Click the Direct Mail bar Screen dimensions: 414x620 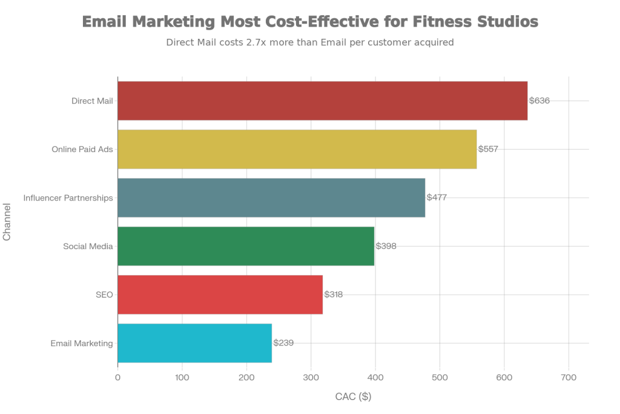(x=322, y=101)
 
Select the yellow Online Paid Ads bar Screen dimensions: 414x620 (x=297, y=149)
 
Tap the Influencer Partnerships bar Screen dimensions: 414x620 (x=271, y=198)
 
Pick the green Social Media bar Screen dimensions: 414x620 (x=246, y=246)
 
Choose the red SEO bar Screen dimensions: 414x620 (x=220, y=295)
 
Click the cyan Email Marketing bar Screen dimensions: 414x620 (x=194, y=343)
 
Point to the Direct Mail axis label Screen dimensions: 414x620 (x=92, y=101)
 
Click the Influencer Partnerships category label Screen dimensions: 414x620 (x=68, y=198)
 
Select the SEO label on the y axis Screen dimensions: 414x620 (x=105, y=295)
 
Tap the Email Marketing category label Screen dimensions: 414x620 (x=82, y=344)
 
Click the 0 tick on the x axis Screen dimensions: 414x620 (x=117, y=378)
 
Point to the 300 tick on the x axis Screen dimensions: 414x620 (x=311, y=378)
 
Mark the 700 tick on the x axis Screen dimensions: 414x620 (x=569, y=378)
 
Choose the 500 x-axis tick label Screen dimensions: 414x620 (x=440, y=378)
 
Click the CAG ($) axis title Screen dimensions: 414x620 (x=353, y=397)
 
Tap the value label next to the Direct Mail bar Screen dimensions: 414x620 (x=539, y=101)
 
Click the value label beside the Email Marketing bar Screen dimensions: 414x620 (x=283, y=343)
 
